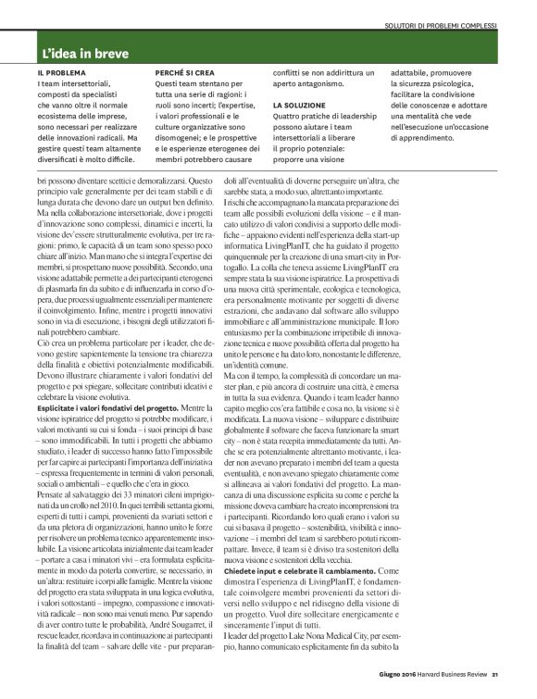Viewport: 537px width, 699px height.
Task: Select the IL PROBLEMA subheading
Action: click(x=62, y=72)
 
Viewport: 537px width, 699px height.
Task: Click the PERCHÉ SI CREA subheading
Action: click(x=186, y=72)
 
